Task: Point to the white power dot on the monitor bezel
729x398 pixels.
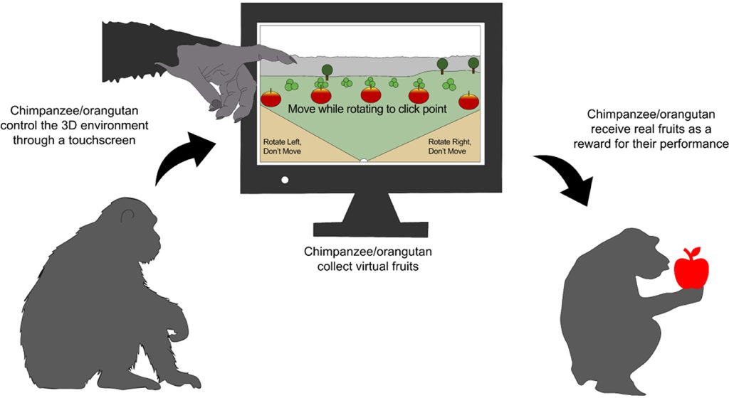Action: [285, 179]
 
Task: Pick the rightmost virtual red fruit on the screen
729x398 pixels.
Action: [468, 100]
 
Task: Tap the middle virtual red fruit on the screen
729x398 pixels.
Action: [371, 94]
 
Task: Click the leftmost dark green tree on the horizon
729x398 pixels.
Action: [327, 70]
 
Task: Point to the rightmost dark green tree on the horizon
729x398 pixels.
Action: [473, 63]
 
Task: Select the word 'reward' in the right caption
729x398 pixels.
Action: [609, 144]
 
